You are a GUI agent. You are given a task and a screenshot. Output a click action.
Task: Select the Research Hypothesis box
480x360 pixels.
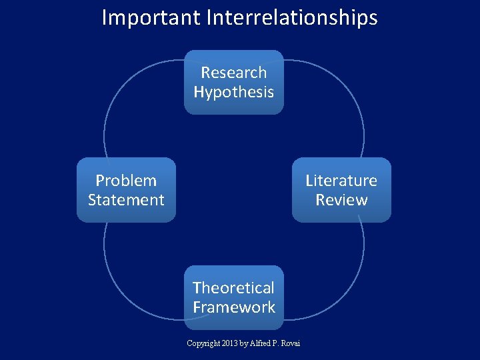(x=234, y=82)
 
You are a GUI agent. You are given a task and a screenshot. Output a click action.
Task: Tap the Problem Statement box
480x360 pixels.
(x=127, y=190)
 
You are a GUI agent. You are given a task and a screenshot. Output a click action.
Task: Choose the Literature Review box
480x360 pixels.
(x=341, y=190)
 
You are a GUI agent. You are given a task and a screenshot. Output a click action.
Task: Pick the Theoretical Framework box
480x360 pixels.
(x=234, y=297)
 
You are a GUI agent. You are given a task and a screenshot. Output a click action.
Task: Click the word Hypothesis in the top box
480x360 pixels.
(x=234, y=92)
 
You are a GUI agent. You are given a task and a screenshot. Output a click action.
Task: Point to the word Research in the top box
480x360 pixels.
(x=234, y=73)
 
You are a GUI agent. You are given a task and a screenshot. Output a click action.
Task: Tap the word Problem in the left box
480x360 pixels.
(x=127, y=181)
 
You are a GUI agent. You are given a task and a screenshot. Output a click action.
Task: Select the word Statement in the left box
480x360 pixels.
(x=127, y=200)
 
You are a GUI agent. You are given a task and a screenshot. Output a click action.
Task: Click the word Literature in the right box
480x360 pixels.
(x=341, y=181)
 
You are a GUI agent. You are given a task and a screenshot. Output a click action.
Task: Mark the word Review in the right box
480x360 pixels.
(x=341, y=200)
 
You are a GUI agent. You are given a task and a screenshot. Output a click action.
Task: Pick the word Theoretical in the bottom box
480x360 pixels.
(x=234, y=288)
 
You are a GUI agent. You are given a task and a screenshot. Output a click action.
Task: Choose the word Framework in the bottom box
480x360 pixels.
(x=234, y=307)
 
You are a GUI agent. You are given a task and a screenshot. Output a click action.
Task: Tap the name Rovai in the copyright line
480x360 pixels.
(x=291, y=343)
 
